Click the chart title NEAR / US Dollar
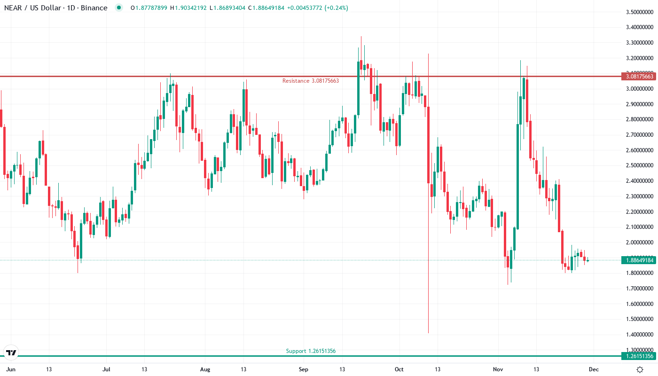pyautogui.click(x=31, y=8)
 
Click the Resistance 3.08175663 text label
pyautogui.click(x=310, y=81)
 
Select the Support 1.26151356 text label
pyautogui.click(x=311, y=351)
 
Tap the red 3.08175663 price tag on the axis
pyautogui.click(x=638, y=76)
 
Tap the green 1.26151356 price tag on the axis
pyautogui.click(x=638, y=356)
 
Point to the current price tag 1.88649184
pyautogui.click(x=638, y=260)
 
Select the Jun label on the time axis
pyautogui.click(x=11, y=369)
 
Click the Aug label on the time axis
pyautogui.click(x=205, y=369)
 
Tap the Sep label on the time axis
pyautogui.click(x=304, y=369)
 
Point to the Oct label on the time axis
pyautogui.click(x=399, y=369)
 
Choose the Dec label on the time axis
pyautogui.click(x=594, y=369)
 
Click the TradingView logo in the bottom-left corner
pyautogui.click(x=11, y=352)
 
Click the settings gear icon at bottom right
pyautogui.click(x=640, y=369)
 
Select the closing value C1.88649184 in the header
pyautogui.click(x=266, y=8)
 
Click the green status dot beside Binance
pyautogui.click(x=118, y=8)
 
